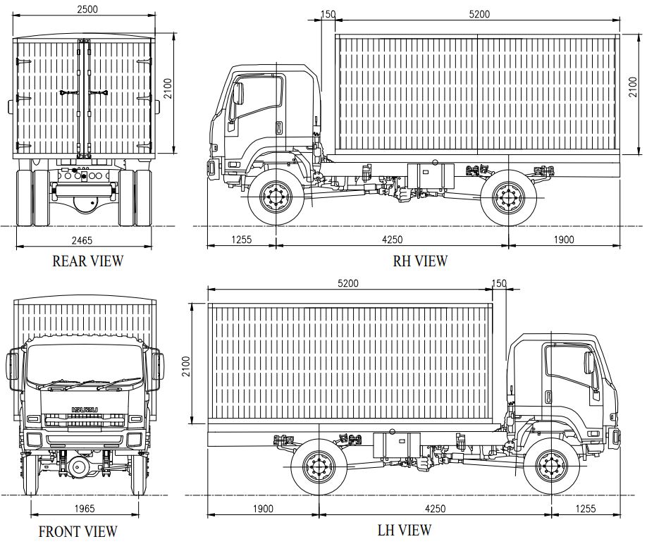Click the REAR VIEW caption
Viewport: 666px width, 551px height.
[87, 261]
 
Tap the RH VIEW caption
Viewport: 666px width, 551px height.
[420, 261]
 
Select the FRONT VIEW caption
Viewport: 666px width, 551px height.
[78, 531]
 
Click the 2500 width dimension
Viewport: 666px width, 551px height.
[85, 9]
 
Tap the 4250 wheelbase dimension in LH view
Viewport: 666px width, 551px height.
[434, 509]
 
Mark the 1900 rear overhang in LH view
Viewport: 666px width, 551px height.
[263, 509]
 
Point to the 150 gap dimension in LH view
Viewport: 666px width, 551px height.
[499, 283]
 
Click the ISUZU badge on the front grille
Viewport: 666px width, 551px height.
[82, 410]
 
